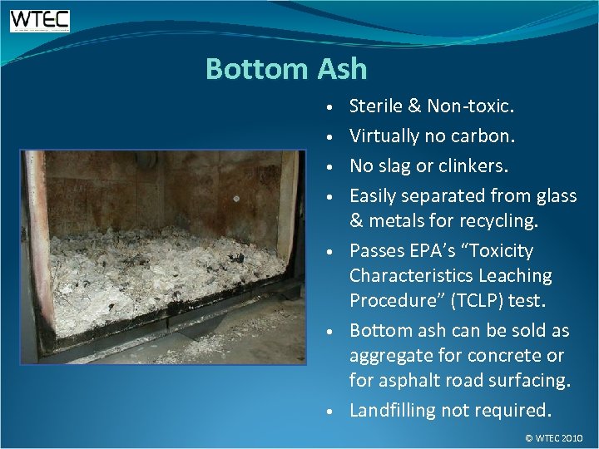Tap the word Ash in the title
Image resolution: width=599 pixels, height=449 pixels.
click(340, 68)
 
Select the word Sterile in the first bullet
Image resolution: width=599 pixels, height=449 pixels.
click(376, 106)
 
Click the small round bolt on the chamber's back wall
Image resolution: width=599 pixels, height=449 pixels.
click(236, 199)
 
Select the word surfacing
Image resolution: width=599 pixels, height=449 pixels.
click(529, 380)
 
